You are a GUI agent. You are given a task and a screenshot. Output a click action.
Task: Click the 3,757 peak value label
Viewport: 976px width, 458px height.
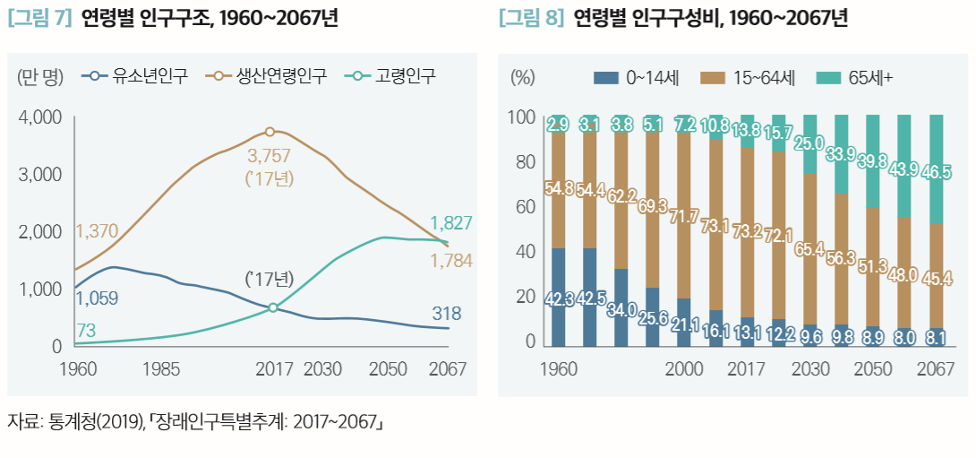click(x=270, y=156)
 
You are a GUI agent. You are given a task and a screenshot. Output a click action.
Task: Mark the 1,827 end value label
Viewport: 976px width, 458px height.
click(x=450, y=222)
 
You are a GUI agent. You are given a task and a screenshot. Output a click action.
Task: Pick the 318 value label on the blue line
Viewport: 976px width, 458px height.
click(x=446, y=314)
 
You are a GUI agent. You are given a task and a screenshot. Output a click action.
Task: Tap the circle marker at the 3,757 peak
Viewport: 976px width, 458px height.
click(x=270, y=132)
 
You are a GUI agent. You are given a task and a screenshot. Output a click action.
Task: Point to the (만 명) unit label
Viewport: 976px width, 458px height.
click(x=40, y=76)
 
